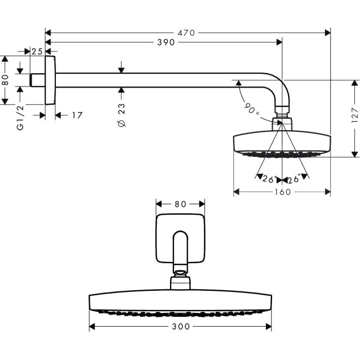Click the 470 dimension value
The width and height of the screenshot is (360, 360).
coord(186,33)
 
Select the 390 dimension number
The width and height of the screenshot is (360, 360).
coord(164,43)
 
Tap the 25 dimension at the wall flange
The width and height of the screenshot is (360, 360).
coord(37,52)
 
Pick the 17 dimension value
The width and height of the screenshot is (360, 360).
coord(76,115)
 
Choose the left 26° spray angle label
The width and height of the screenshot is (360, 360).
coord(270,179)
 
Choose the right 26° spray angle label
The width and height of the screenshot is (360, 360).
coord(294,179)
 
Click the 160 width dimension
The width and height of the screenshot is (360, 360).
coord(282,192)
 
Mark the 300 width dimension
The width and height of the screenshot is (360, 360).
coord(180,326)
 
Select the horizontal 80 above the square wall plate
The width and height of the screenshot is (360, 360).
coord(180,204)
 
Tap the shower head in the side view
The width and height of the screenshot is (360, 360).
coord(282,142)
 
